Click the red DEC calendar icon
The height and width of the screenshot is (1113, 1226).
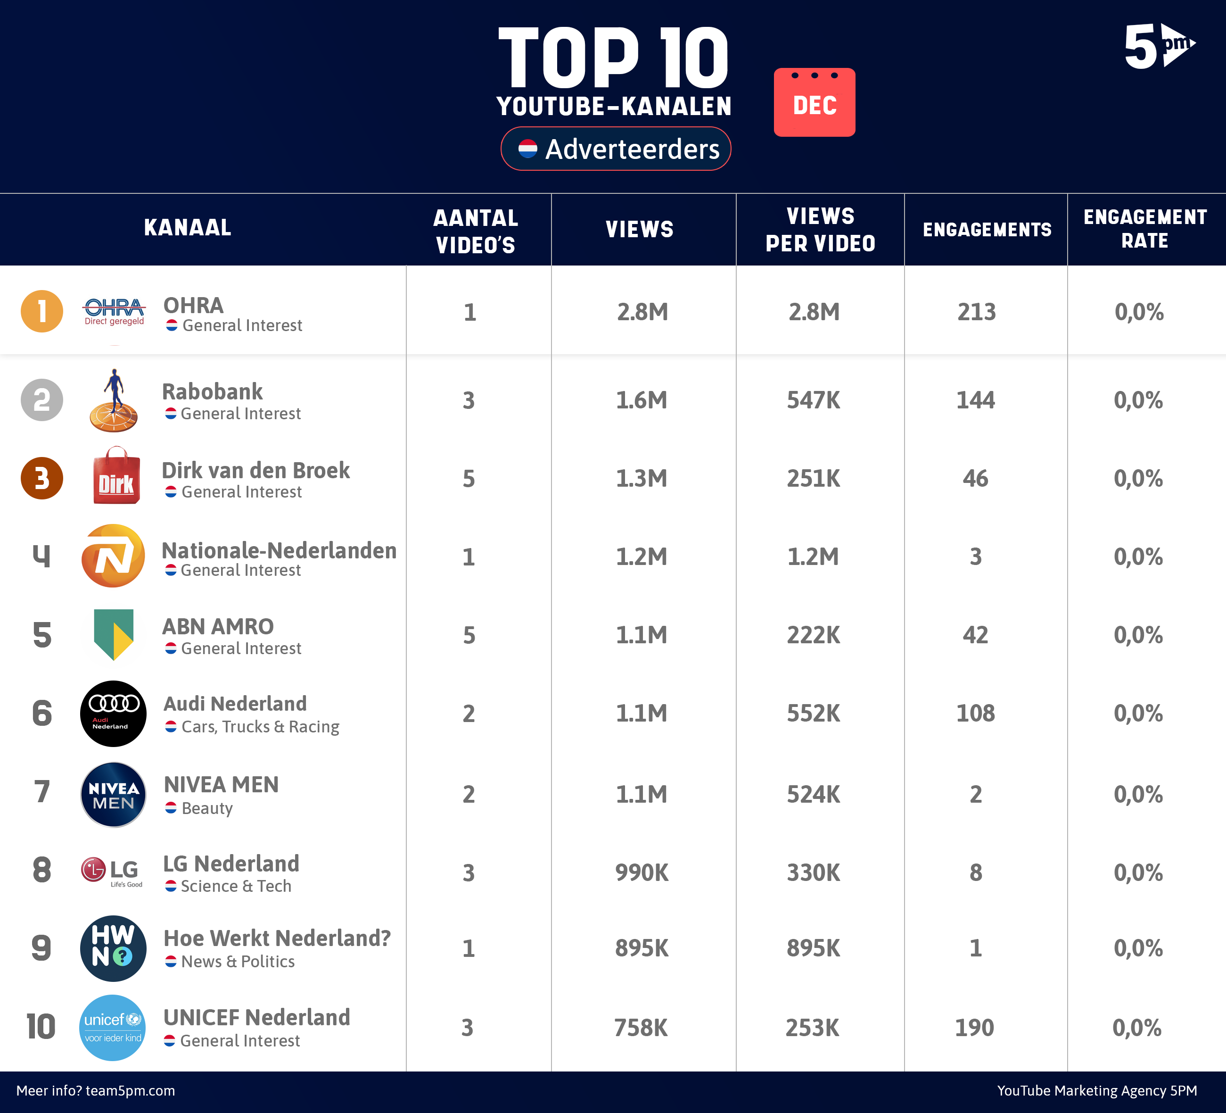815,102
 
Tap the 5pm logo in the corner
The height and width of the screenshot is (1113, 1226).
1159,46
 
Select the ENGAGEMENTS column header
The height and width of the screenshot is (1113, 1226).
987,229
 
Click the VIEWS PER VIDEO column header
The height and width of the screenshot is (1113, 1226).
820,229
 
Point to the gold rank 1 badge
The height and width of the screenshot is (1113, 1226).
42,312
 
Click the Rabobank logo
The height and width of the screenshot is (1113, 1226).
114,400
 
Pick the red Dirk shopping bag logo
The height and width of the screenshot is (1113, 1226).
115,476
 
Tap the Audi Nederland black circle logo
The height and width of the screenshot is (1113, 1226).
113,713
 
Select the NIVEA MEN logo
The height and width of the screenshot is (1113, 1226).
113,794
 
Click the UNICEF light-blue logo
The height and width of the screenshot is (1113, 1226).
113,1027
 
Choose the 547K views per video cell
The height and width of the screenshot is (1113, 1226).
813,400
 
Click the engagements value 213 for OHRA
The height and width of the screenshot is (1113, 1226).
976,312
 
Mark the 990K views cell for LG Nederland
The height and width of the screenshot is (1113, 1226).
642,872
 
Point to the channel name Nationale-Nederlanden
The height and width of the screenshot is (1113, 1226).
279,550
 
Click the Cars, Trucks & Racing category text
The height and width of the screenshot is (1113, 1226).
260,727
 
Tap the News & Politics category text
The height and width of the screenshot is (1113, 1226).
238,962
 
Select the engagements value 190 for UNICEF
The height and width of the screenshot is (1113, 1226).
974,1028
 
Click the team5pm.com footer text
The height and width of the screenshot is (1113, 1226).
96,1090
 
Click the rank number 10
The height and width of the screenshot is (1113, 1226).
41,1027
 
